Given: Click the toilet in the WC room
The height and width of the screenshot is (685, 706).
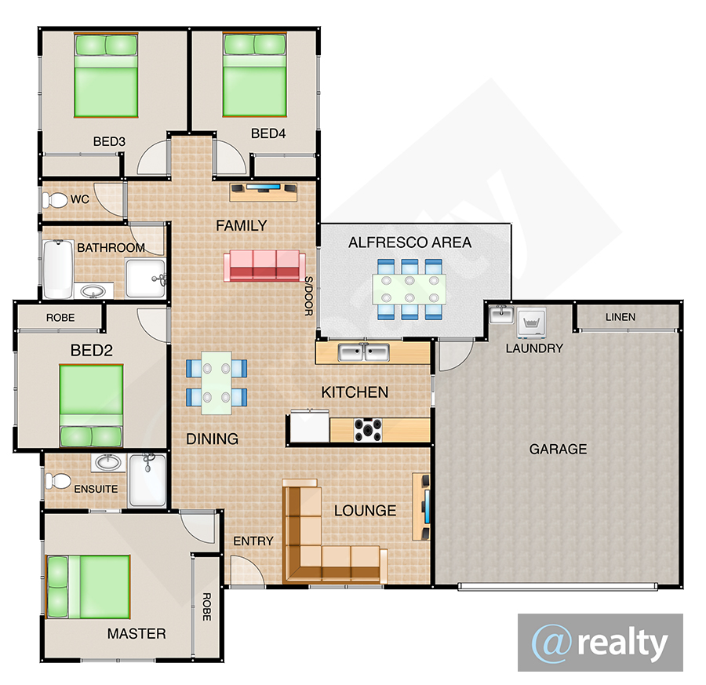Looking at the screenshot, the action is click(53, 200).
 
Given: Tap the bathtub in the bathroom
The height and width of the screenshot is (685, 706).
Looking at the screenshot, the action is click(58, 269).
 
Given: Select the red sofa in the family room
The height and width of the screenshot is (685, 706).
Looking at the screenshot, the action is click(264, 266).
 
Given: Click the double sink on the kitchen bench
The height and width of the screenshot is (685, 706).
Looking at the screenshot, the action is click(364, 352).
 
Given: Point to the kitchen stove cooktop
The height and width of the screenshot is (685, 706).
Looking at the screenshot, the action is click(368, 430).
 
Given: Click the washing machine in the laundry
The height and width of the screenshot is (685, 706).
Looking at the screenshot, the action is click(532, 322).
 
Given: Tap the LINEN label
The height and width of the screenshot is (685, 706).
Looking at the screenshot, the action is click(620, 317).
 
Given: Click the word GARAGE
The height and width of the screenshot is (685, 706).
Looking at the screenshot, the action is click(558, 449).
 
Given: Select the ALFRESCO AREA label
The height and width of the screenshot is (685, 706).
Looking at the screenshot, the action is click(409, 242).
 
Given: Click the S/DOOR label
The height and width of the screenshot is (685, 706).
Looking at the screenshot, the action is click(309, 296).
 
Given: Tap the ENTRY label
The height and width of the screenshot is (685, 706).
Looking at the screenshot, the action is click(253, 541).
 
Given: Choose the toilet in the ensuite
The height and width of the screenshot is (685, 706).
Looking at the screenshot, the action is click(57, 480).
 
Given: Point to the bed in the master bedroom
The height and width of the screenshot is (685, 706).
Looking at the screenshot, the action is click(88, 587).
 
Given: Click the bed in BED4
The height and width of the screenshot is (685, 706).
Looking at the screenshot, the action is click(254, 75).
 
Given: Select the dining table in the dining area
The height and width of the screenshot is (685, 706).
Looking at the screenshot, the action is click(217, 383).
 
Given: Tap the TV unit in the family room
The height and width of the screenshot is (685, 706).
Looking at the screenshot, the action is click(264, 192).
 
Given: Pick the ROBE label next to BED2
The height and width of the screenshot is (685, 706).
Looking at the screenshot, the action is click(60, 318).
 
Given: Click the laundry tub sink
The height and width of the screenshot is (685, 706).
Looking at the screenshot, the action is click(501, 314).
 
